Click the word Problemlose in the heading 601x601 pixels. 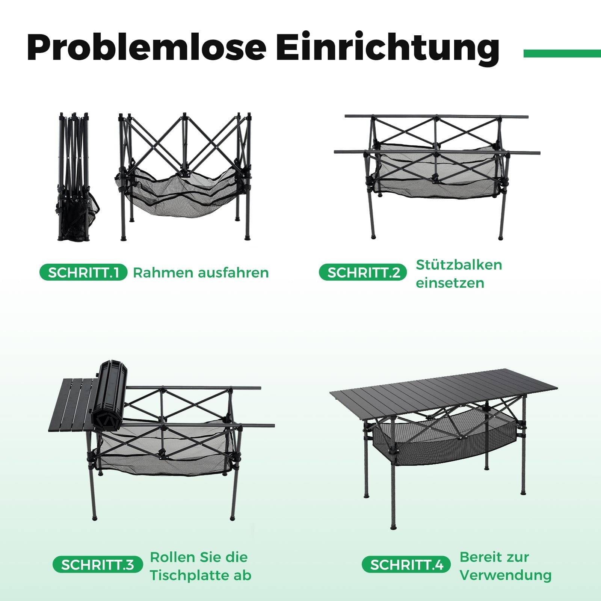click(x=147, y=48)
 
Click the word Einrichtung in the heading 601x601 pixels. click(x=388, y=48)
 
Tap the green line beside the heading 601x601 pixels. click(x=562, y=54)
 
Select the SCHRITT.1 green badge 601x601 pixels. click(x=83, y=273)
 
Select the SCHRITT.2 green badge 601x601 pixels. click(x=363, y=273)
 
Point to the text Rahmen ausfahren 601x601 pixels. click(x=201, y=273)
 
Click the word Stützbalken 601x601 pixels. click(x=459, y=265)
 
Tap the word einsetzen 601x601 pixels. click(x=450, y=283)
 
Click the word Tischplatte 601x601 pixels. click(x=187, y=575)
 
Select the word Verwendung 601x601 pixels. click(x=506, y=575)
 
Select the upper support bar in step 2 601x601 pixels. click(x=436, y=117)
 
